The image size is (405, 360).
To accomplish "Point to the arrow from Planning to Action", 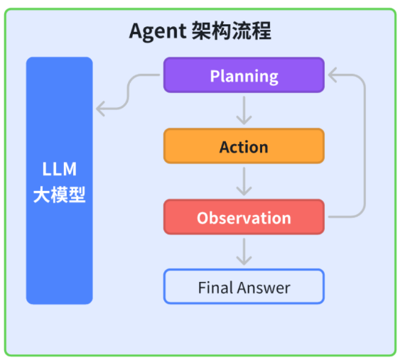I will (x=244, y=110).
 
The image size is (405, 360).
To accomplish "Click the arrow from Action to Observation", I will (x=244, y=181).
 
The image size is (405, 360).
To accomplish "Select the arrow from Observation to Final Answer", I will (x=244, y=251).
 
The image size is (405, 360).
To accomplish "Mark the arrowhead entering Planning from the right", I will (x=331, y=75).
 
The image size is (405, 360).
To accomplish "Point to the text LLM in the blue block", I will (x=60, y=170).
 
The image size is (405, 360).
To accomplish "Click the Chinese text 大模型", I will (x=60, y=195).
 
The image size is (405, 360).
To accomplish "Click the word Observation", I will (x=244, y=218).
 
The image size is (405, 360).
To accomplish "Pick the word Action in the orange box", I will (x=244, y=147).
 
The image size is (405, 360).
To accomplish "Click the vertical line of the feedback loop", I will (x=364, y=146).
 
